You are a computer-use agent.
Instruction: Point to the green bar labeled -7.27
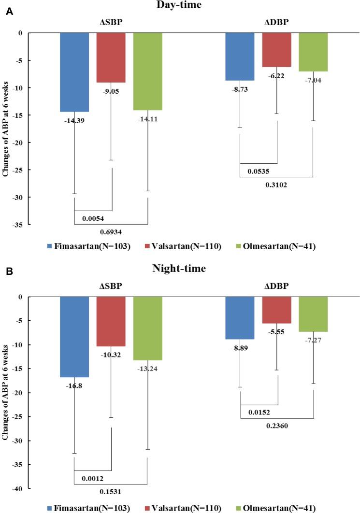coord(313,314)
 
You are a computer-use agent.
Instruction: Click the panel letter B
coord(9,271)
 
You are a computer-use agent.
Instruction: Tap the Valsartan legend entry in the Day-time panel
coord(184,247)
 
